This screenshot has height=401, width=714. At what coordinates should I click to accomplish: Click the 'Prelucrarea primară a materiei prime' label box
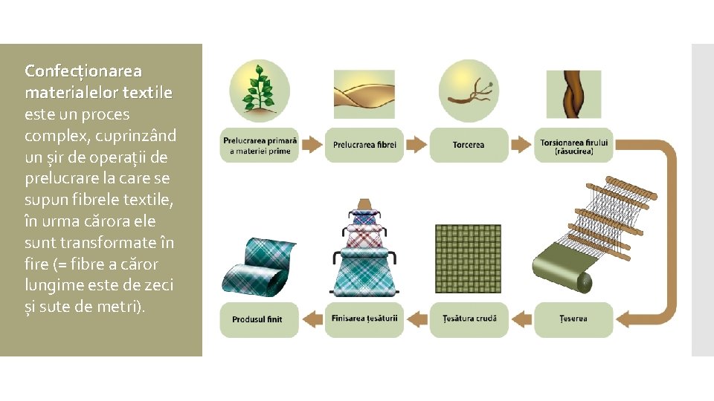click(x=259, y=145)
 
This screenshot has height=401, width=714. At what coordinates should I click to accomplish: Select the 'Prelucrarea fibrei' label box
click(x=364, y=145)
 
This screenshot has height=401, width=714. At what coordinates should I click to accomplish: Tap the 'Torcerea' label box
click(x=469, y=145)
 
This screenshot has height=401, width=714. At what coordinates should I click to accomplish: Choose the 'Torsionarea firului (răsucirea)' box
click(x=573, y=145)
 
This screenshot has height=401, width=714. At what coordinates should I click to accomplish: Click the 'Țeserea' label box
click(x=573, y=319)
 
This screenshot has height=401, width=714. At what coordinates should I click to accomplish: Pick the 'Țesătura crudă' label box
click(x=469, y=319)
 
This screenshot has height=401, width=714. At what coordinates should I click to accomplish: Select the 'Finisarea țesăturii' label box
click(x=364, y=319)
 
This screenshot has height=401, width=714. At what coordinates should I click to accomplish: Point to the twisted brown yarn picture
click(x=573, y=95)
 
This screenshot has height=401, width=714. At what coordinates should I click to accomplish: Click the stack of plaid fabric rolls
click(x=364, y=249)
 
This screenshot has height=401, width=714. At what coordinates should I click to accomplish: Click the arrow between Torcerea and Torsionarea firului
click(x=522, y=144)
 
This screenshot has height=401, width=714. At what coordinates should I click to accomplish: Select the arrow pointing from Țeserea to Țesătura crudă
click(x=522, y=319)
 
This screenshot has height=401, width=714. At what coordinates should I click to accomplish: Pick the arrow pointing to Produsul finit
click(x=312, y=319)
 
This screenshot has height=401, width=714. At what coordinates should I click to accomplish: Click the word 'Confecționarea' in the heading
click(x=83, y=71)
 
